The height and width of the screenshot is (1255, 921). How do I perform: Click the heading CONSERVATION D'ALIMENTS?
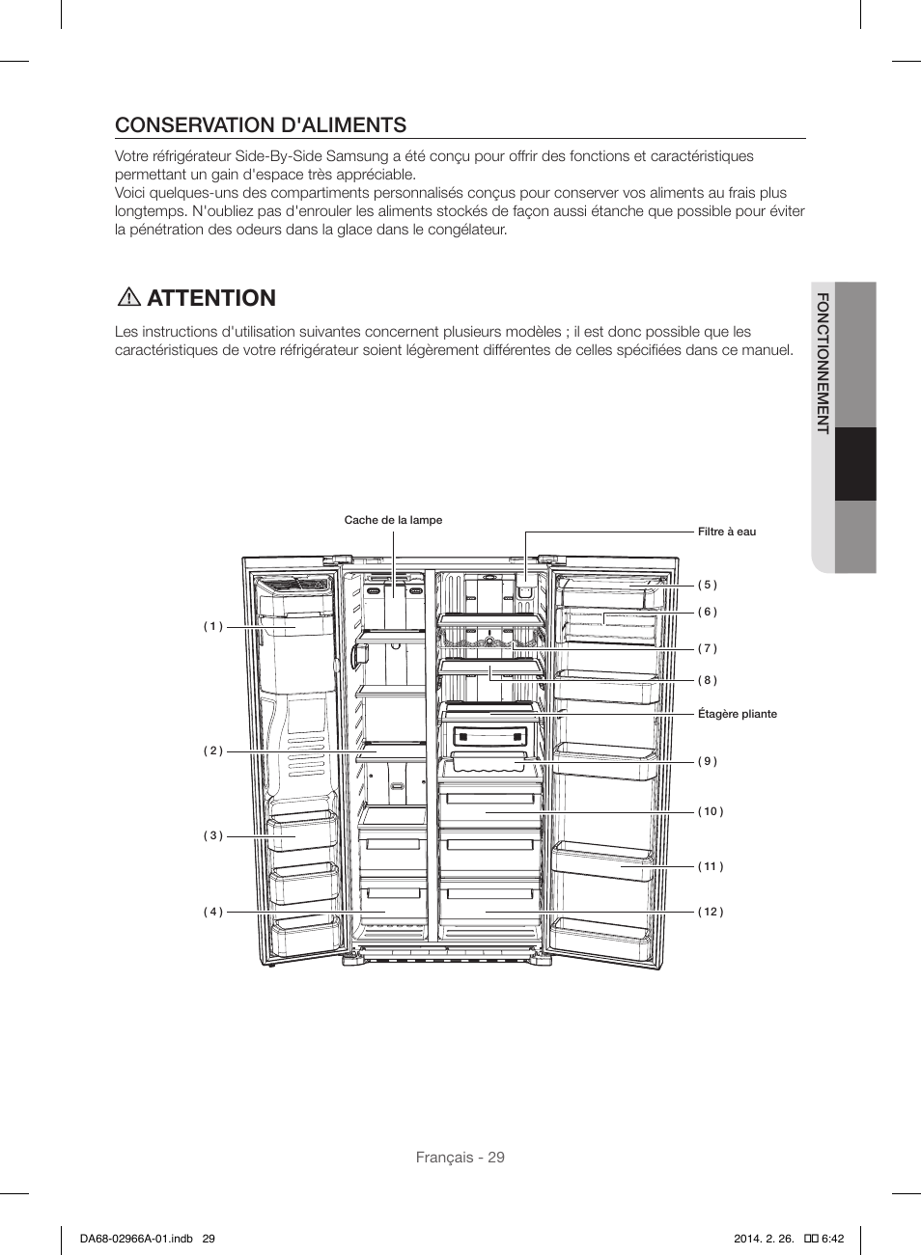[x=261, y=124]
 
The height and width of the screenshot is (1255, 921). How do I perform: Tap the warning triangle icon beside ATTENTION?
[x=127, y=297]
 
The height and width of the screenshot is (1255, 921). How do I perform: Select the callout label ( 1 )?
[x=213, y=626]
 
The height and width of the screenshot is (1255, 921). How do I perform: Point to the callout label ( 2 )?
[x=213, y=750]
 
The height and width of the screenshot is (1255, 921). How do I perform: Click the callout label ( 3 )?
[x=213, y=835]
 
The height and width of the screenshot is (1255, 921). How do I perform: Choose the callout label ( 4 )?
[x=213, y=912]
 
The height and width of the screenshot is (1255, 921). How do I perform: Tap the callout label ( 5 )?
[x=708, y=585]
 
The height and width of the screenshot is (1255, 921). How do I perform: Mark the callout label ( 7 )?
[x=708, y=648]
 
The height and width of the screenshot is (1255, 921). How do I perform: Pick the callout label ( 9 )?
[x=708, y=761]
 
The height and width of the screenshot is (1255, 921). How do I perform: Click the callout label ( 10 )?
[x=711, y=811]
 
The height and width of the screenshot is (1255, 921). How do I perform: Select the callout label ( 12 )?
[x=711, y=912]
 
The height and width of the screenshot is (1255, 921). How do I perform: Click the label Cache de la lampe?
[x=393, y=520]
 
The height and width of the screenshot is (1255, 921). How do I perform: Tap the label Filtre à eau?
[x=727, y=532]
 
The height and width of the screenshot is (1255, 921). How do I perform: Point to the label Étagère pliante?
[x=737, y=714]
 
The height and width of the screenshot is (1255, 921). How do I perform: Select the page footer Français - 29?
[x=460, y=1158]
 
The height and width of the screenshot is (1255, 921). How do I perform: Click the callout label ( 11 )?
[x=711, y=866]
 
